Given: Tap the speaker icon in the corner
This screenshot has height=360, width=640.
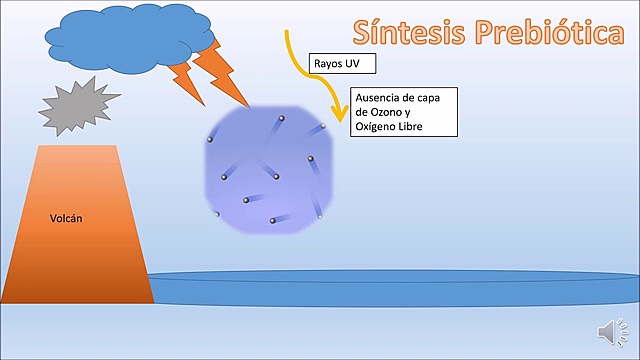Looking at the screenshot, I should [x=609, y=331].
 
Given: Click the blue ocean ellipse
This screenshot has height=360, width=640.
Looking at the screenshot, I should [x=390, y=287].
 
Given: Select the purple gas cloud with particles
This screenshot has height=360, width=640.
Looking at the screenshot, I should [x=268, y=172].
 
